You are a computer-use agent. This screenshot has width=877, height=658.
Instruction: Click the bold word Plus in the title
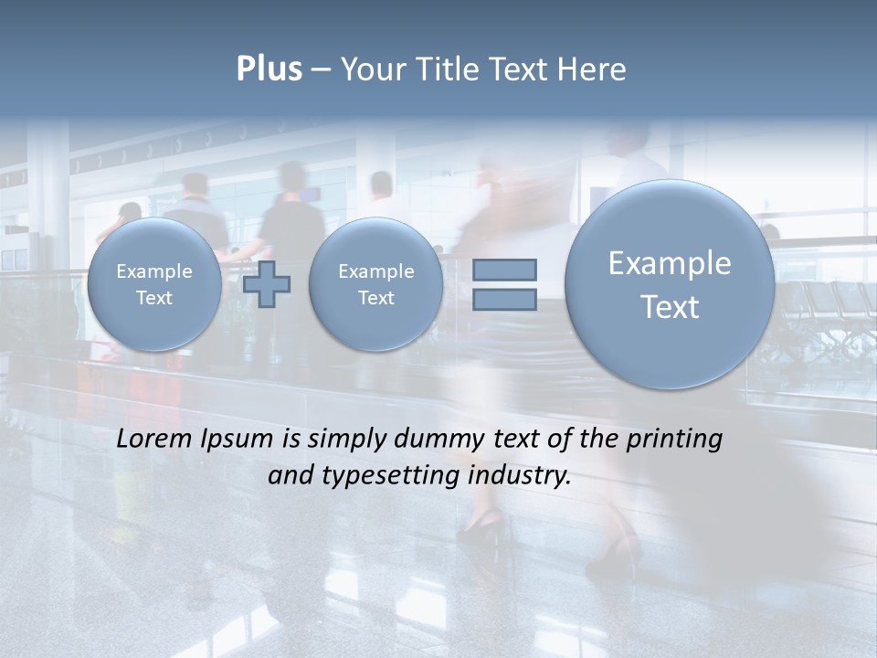[x=269, y=69]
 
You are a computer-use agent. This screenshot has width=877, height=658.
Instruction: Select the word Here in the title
[x=593, y=69]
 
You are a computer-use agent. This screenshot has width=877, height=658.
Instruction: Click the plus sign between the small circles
[x=267, y=283]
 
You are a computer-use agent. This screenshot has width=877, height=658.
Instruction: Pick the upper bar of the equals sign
[x=504, y=270]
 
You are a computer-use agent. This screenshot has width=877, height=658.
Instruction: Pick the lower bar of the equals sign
[x=504, y=299]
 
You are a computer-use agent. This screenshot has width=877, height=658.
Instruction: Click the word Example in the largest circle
[x=670, y=264]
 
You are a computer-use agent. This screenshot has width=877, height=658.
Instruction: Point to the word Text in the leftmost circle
[x=153, y=298]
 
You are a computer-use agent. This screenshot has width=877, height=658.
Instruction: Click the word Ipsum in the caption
[x=235, y=440]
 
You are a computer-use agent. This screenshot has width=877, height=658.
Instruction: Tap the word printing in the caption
[x=674, y=440]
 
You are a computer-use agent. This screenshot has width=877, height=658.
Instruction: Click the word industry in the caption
[x=519, y=476]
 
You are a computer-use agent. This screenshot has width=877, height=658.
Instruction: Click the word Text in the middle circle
[x=375, y=298]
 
